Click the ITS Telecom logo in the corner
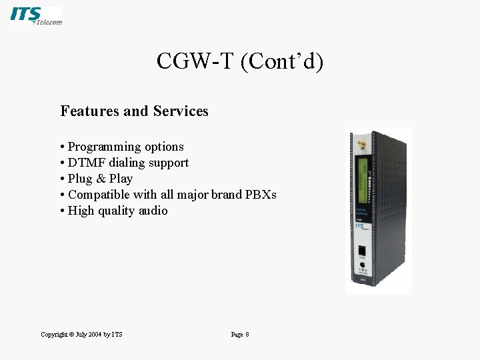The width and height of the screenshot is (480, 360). (36, 16)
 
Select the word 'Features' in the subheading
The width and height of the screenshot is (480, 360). (87, 111)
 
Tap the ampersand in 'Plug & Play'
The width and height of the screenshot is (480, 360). (101, 179)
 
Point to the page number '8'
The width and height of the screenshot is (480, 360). (247, 334)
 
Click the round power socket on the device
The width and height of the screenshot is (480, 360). (362, 266)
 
